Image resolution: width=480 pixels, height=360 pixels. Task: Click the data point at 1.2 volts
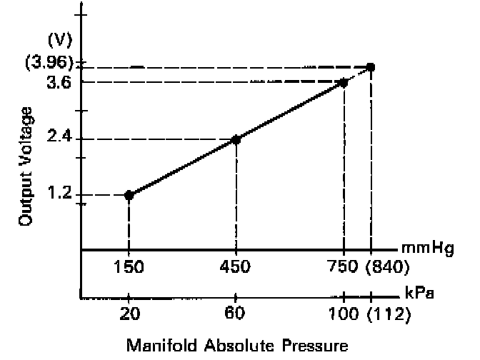[x=129, y=195]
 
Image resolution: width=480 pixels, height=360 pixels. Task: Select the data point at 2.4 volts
[x=236, y=139]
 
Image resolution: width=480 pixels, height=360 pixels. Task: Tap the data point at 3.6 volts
[x=344, y=83]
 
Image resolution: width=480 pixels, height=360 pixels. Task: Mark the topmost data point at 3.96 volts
[x=371, y=67]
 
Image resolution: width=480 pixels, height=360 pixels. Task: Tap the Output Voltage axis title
[x=26, y=166]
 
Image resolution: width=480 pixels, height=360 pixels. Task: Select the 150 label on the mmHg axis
[x=129, y=267]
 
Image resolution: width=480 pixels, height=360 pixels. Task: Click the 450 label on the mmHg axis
[x=236, y=267]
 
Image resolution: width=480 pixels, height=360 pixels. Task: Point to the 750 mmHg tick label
[x=344, y=267]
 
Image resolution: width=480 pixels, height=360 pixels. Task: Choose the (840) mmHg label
[x=387, y=267]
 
